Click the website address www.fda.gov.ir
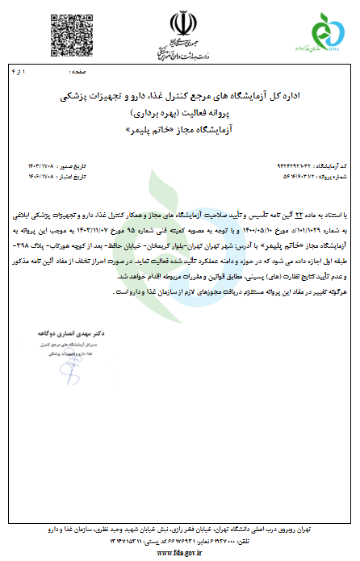(180, 552)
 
